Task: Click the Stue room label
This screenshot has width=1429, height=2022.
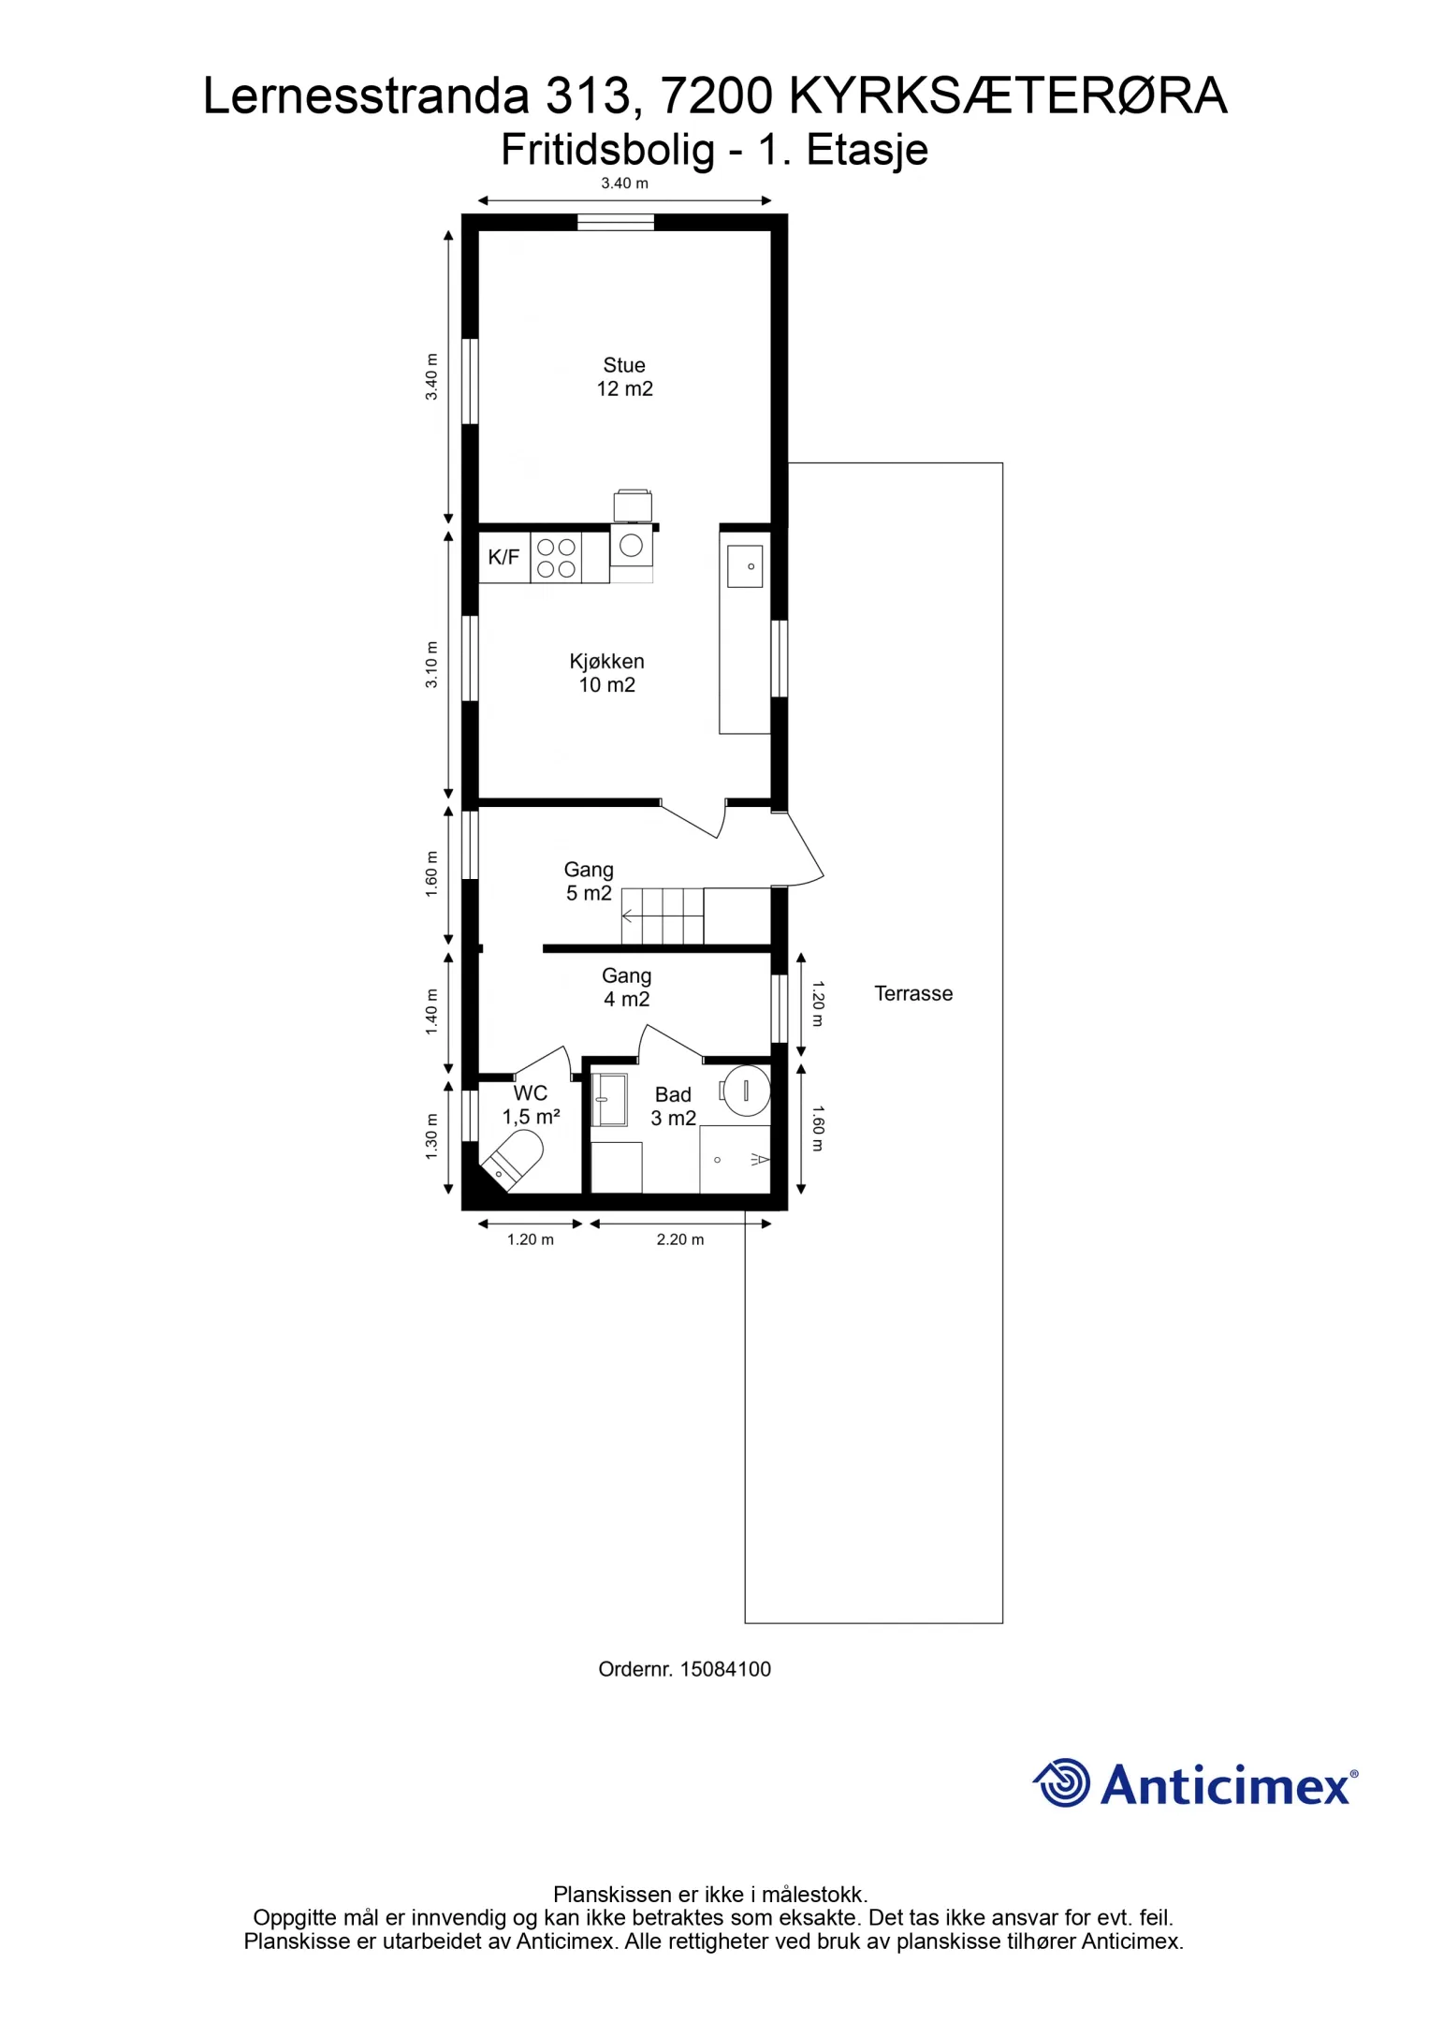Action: [624, 377]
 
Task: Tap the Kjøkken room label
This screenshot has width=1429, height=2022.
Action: [606, 673]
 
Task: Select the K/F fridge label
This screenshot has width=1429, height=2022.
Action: [503, 558]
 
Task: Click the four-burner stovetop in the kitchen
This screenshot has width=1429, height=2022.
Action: [556, 558]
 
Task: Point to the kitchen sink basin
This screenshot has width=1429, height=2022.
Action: [745, 566]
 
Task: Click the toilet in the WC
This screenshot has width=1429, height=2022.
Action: [512, 1160]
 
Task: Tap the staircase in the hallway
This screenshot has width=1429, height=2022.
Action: [663, 916]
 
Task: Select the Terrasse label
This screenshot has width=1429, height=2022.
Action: [913, 993]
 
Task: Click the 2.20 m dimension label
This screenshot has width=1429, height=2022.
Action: [680, 1239]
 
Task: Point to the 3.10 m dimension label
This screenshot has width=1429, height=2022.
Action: [431, 665]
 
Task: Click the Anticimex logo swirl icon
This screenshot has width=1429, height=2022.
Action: [1062, 1782]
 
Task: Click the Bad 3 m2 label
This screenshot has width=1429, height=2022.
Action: [674, 1106]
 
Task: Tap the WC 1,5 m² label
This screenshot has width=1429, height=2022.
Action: [531, 1105]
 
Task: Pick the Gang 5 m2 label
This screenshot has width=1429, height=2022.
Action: [589, 882]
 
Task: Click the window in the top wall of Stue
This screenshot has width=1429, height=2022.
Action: [615, 222]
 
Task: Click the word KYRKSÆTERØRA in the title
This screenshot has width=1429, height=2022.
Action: [1009, 95]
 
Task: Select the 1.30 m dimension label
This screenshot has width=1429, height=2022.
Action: [431, 1136]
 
